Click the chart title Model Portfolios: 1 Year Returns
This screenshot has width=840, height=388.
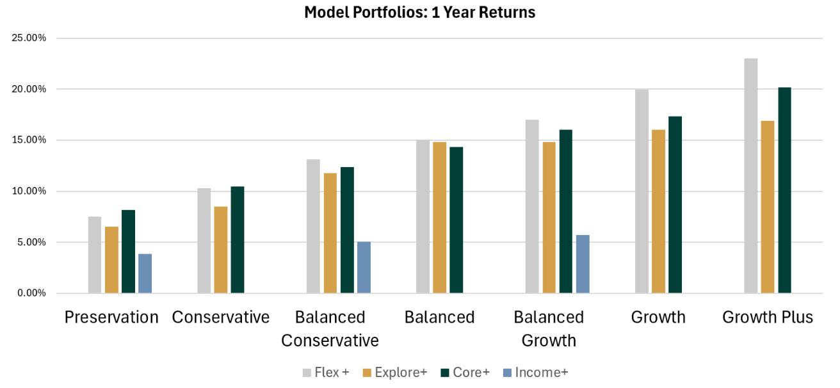click(x=419, y=12)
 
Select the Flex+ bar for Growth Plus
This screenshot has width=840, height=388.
click(x=751, y=176)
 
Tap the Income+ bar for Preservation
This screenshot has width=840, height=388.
click(x=145, y=273)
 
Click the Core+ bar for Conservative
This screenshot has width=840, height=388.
click(x=238, y=239)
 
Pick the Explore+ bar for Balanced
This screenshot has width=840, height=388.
click(x=439, y=218)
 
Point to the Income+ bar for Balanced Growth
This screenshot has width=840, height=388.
click(x=583, y=264)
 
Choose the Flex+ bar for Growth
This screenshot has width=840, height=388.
click(x=642, y=191)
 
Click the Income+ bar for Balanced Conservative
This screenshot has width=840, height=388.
click(x=364, y=267)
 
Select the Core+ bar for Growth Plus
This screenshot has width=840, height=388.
click(x=784, y=190)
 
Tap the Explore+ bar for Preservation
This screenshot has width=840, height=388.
click(x=111, y=260)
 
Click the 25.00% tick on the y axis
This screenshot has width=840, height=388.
click(x=29, y=38)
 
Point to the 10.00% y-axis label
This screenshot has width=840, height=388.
click(x=29, y=191)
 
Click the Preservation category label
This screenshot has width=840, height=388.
click(x=111, y=318)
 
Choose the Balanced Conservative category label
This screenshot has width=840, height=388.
click(x=330, y=328)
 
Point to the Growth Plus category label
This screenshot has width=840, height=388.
click(x=768, y=318)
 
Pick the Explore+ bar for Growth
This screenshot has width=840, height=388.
click(x=658, y=211)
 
